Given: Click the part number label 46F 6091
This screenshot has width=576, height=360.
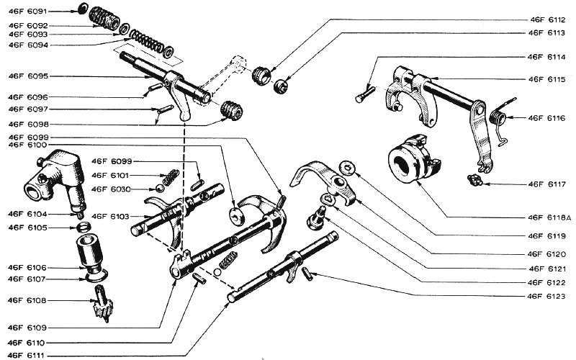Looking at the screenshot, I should pyautogui.click(x=28, y=12).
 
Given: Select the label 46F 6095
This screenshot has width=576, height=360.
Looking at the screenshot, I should pyautogui.click(x=28, y=76).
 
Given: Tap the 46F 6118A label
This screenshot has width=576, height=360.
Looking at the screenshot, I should pyautogui.click(x=548, y=217).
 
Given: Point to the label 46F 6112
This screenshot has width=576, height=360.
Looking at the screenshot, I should pyautogui.click(x=546, y=19).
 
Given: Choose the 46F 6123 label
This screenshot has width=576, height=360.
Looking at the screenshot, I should pyautogui.click(x=546, y=296).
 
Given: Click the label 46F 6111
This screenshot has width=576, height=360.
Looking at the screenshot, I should pyautogui.click(x=28, y=354).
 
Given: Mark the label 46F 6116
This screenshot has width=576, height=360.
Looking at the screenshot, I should pyautogui.click(x=546, y=117).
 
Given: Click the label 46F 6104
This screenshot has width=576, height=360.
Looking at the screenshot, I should pyautogui.click(x=28, y=214).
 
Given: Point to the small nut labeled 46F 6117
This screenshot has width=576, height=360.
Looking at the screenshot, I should pyautogui.click(x=474, y=179).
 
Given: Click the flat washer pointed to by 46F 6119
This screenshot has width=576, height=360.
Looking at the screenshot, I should pyautogui.click(x=348, y=169).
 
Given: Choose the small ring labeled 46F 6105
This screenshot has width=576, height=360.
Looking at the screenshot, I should pyautogui.click(x=84, y=228).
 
